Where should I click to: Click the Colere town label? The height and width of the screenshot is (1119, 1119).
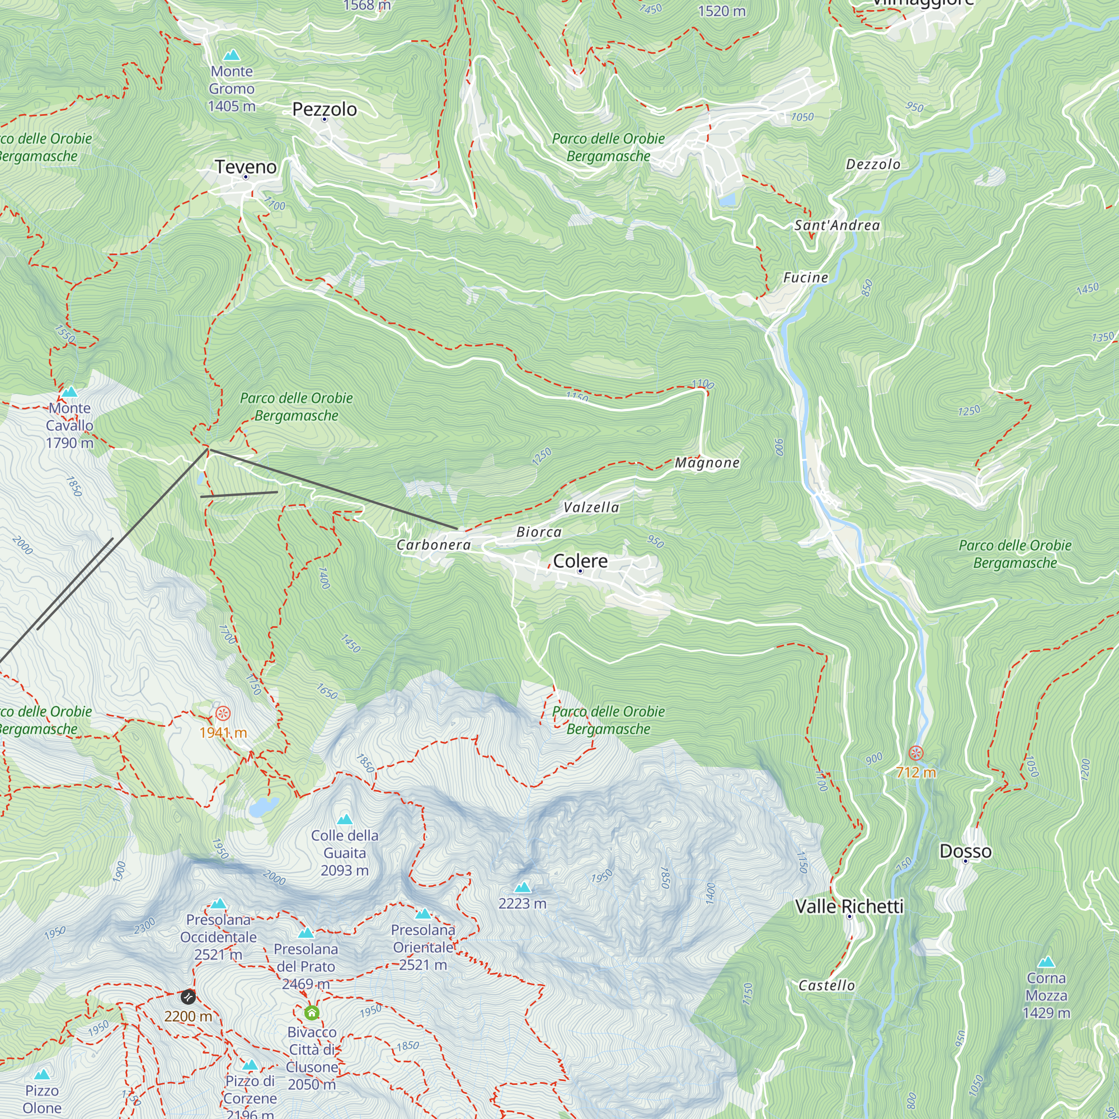(x=580, y=561)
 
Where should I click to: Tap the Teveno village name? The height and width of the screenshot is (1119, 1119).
(x=246, y=167)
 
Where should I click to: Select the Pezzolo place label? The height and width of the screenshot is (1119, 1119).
(x=325, y=109)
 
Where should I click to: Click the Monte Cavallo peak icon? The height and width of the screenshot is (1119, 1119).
(x=69, y=392)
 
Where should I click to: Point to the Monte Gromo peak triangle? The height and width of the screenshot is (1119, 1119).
(x=232, y=55)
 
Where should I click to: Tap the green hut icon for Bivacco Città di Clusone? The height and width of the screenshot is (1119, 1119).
(x=312, y=1013)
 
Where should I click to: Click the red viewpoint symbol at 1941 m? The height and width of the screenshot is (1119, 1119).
(x=223, y=713)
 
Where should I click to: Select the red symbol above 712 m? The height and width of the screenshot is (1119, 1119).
(x=916, y=753)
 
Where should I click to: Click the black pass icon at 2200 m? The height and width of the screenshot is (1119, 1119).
(x=187, y=997)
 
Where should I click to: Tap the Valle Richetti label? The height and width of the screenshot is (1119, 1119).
(x=849, y=906)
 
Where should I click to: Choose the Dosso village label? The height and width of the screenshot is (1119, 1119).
(x=965, y=852)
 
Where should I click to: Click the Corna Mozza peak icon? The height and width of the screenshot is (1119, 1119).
(x=1046, y=962)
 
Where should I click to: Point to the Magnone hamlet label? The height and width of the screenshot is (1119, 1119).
(x=707, y=463)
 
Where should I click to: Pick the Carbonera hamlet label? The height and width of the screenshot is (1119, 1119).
(x=434, y=545)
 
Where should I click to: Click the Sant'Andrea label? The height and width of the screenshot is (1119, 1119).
(x=836, y=225)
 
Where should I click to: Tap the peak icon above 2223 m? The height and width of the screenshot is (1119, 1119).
(x=523, y=887)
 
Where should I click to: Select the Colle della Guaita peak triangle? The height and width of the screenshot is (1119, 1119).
(x=345, y=819)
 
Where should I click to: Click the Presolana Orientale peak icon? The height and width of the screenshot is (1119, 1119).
(x=423, y=914)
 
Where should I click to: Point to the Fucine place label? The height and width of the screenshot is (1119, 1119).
(x=805, y=278)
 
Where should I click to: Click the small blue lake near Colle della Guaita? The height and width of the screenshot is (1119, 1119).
(x=264, y=806)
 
